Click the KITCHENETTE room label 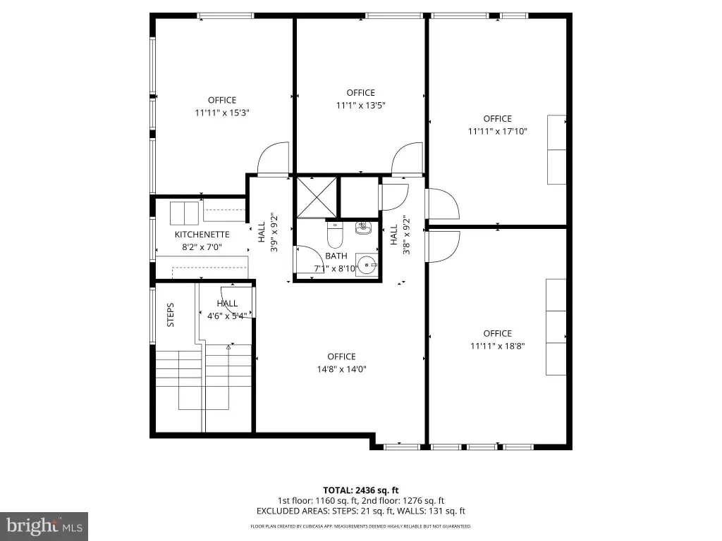[202, 235]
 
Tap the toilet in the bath [335, 234]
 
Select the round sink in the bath [367, 266]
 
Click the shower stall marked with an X [317, 197]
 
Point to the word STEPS [171, 315]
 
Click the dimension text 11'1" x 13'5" [360, 106]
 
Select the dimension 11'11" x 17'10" [497, 131]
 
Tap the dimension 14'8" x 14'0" [341, 369]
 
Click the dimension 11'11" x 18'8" [497, 346]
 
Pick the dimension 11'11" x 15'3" [222, 113]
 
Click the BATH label [336, 256]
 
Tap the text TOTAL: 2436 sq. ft [360, 490]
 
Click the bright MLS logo [44, 526]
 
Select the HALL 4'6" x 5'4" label [227, 310]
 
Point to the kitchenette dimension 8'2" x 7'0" [202, 247]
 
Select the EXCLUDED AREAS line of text [360, 511]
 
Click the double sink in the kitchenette [184, 213]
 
